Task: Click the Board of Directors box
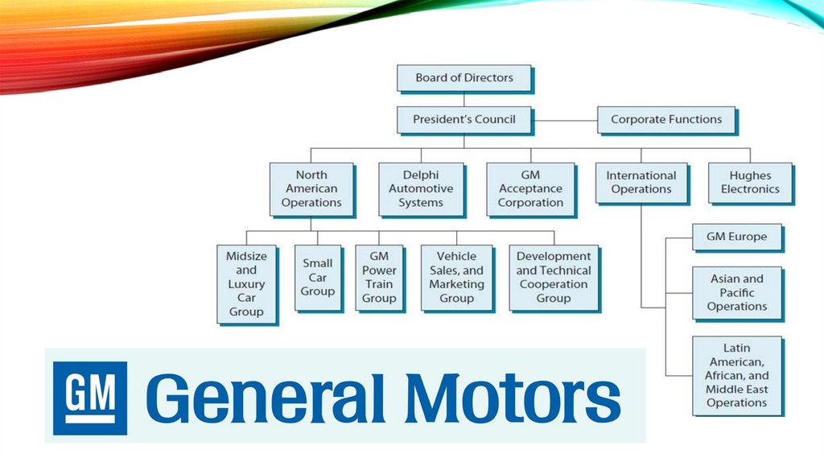(464, 78)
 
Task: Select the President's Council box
(464, 119)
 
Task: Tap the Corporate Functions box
(666, 119)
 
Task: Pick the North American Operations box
(311, 189)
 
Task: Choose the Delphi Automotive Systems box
(421, 189)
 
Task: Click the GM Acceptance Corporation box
(530, 189)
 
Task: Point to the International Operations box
(641, 183)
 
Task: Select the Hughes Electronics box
(750, 183)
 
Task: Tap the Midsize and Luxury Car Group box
(246, 284)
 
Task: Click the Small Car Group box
(317, 277)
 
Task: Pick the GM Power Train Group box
(379, 278)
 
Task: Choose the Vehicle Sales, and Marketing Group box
(456, 278)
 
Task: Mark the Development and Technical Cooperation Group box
(554, 278)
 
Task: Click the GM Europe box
(736, 237)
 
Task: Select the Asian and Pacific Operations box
(736, 293)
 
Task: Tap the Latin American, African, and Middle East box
(736, 375)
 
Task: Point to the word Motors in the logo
(513, 397)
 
